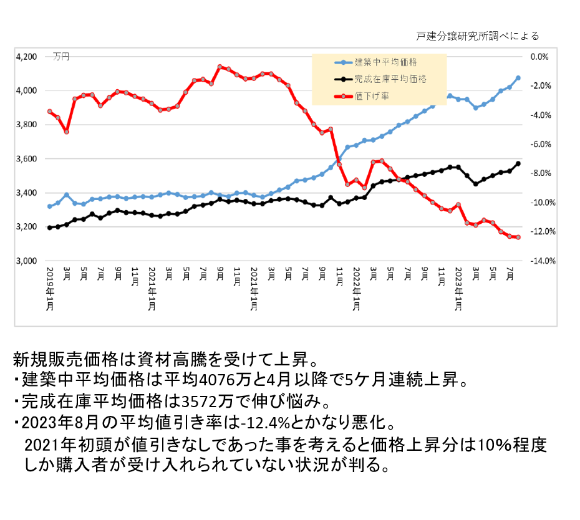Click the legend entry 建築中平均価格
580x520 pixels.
coord(386,62)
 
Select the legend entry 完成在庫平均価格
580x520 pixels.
coord(390,79)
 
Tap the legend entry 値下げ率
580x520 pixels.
coord(367,97)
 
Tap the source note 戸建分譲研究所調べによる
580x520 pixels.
coord(476,36)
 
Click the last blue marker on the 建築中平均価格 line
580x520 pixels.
coord(518,78)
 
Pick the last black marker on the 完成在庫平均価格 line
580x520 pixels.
coord(518,164)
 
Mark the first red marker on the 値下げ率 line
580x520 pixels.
coord(50,112)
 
